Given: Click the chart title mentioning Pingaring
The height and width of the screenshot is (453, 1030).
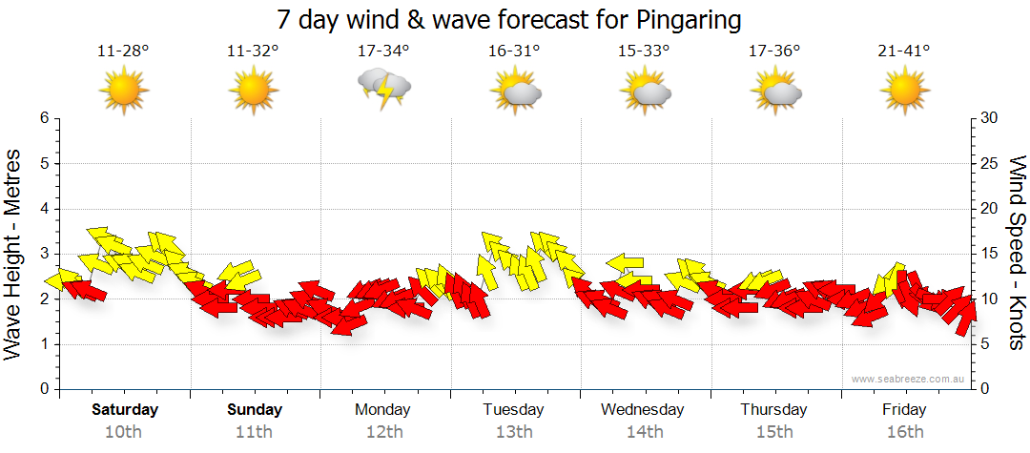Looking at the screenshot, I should tap(509, 19).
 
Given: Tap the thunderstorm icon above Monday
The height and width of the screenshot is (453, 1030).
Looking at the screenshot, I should tap(384, 90).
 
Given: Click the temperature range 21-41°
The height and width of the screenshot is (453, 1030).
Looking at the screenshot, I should tap(904, 51).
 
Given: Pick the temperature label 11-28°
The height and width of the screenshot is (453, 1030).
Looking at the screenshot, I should tap(123, 51).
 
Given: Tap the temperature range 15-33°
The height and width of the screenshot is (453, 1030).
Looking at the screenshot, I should tap(644, 51).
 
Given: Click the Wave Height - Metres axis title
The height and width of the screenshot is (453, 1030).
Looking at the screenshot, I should tap(14, 253).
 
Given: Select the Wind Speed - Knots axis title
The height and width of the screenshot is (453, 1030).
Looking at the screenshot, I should tap(1017, 253).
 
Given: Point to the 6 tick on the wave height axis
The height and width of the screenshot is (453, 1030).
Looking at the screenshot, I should tap(43, 118).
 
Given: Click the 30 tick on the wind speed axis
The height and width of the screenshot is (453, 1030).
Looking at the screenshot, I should tap(990, 118).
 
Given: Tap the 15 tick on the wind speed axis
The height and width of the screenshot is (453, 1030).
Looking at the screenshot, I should tap(990, 254).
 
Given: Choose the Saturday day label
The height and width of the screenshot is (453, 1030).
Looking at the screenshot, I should tap(125, 410).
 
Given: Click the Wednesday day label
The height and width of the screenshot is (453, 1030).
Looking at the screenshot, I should tap(643, 410).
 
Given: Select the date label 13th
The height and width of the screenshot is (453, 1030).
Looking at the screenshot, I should tap(514, 432).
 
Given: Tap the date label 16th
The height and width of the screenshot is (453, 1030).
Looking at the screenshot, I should tap(904, 432).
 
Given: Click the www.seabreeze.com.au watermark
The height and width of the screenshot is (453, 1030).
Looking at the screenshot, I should tap(909, 380).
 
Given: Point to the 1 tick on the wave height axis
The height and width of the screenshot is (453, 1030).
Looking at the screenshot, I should tap(43, 344).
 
